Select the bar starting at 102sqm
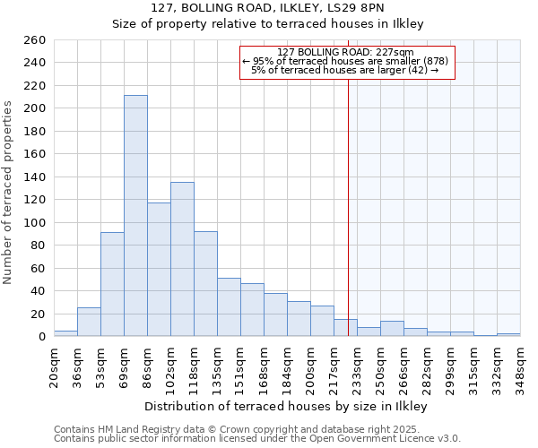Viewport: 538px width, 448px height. click(182, 259)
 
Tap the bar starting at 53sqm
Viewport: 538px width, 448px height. click(112, 284)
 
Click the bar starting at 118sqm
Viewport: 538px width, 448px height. click(205, 284)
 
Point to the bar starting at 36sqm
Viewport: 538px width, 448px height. click(89, 322)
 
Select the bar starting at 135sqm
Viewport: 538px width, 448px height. click(229, 307)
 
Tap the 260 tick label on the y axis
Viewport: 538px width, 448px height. click(35, 40)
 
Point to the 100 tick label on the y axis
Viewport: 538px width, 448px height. click(35, 223)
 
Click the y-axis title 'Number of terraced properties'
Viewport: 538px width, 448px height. click(9, 193)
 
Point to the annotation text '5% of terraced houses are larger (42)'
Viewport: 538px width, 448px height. click(345, 70)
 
